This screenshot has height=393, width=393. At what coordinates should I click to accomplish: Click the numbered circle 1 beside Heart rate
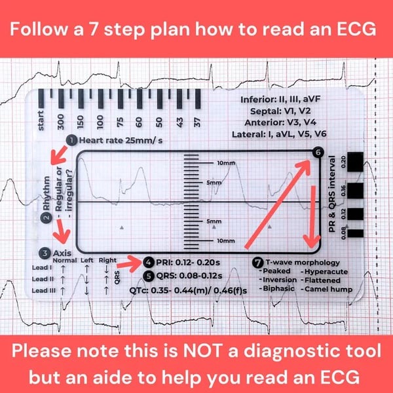tap(71, 140)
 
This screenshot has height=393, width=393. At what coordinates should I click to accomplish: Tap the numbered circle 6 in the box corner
tap(318, 153)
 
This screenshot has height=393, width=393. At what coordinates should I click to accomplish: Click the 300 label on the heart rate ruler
tap(61, 122)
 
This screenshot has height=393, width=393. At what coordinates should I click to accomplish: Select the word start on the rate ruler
tap(41, 122)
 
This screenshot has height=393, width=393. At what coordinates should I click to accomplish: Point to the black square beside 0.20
tap(356, 162)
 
